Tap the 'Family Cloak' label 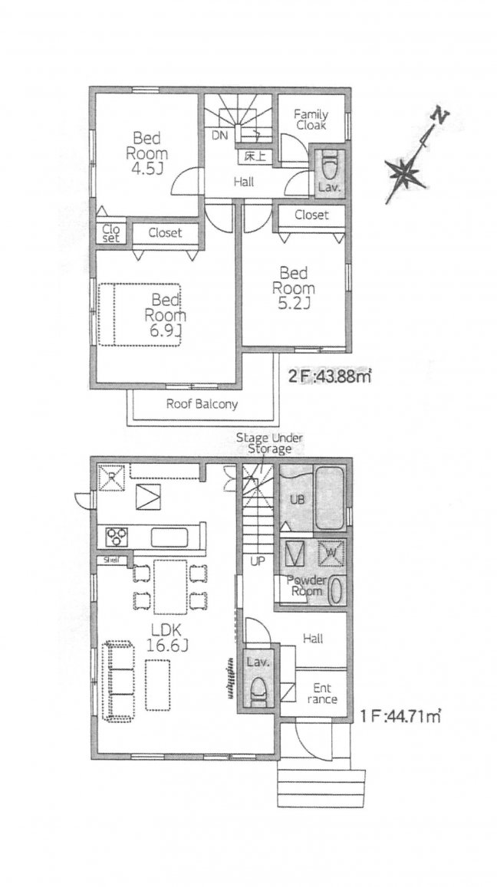310,120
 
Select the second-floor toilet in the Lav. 329,165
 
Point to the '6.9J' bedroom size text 164,330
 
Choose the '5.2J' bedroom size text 293,304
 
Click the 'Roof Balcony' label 202,405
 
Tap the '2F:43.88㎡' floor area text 330,376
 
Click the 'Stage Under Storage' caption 269,443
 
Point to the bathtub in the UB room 329,498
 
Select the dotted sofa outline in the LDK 118,681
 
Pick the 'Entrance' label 322,694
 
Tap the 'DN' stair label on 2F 219,136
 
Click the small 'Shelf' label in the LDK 111,560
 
